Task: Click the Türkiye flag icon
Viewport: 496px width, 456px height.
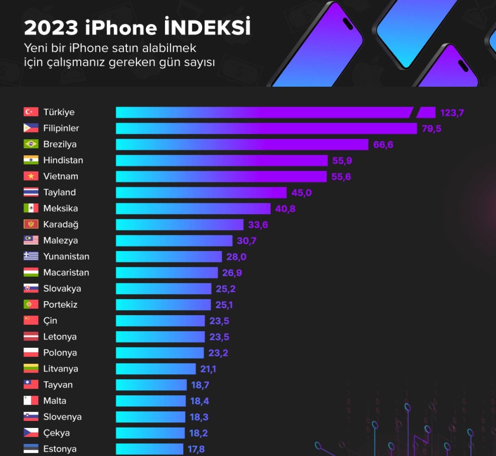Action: [x=31, y=112]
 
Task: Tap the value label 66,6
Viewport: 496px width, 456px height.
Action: [x=383, y=145]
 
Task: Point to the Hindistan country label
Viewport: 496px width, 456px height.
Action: [x=63, y=160]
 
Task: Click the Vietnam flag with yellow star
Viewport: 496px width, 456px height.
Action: [x=31, y=176]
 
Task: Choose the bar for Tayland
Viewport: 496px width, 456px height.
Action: [x=201, y=192]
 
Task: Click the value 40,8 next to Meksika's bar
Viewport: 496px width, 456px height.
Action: [x=285, y=209]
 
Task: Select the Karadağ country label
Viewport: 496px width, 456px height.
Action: [x=61, y=224]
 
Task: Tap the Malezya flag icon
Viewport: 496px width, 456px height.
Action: [x=31, y=240]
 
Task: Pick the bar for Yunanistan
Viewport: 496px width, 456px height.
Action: [x=169, y=256]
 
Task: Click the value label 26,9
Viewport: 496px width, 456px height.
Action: [x=232, y=273]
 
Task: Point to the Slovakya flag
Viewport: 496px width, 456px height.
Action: [x=31, y=288]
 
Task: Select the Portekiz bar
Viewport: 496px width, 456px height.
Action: [x=163, y=305]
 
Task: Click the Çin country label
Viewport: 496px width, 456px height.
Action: [x=50, y=321]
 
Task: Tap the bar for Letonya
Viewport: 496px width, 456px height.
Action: [x=160, y=337]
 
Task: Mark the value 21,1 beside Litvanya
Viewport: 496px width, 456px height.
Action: [x=208, y=369]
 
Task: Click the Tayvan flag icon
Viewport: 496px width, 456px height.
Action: [x=31, y=385]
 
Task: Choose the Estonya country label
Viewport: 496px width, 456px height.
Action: [x=60, y=449]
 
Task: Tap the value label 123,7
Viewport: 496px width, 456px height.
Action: [x=452, y=113]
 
